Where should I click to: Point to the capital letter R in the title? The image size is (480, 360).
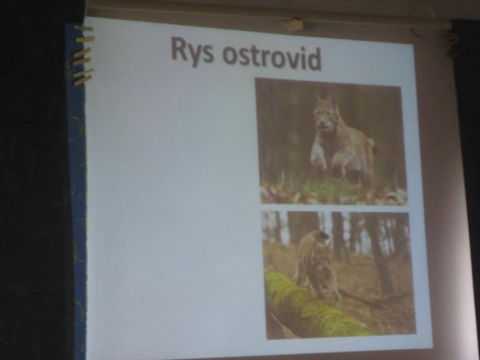coord(179,49)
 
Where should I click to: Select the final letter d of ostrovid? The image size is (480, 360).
coord(314,59)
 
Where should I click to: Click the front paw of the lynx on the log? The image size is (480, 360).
coord(335,296)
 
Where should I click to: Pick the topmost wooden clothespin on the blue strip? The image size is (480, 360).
coord(83,28)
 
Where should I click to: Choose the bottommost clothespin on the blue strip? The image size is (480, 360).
coord(83,80)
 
